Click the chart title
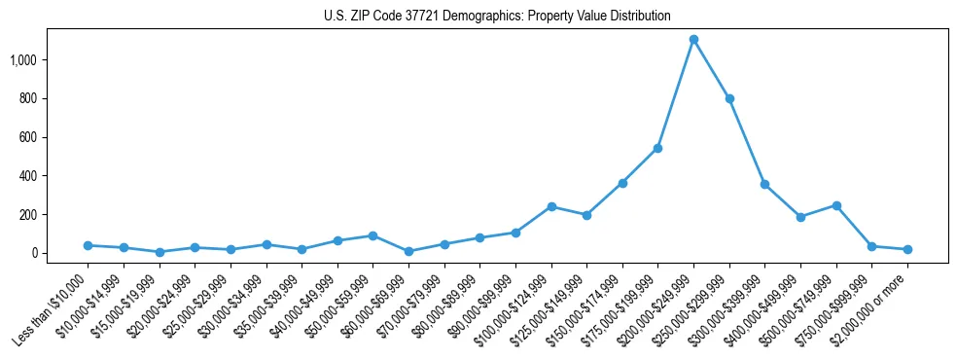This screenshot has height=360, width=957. [x=497, y=17]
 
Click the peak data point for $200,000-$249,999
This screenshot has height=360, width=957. [x=693, y=40]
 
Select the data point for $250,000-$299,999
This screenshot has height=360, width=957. [x=729, y=98]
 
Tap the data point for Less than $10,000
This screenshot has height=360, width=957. [x=88, y=245]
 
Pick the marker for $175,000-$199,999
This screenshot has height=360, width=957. [x=657, y=148]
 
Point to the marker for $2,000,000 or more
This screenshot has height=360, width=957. [x=907, y=249]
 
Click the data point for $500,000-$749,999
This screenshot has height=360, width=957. [x=836, y=205]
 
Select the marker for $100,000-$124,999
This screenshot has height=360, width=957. [x=551, y=206]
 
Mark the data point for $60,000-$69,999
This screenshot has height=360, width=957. [x=408, y=251]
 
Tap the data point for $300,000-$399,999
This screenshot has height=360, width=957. [x=764, y=184]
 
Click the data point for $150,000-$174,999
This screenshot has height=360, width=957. [x=622, y=183]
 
